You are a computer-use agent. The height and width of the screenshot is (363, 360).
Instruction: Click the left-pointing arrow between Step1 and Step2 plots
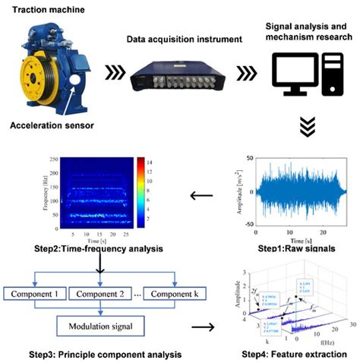tap(201, 196)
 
